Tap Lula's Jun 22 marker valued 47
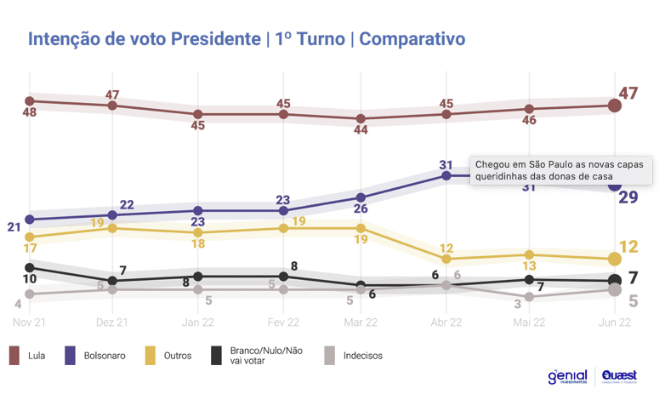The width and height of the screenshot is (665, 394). click(614, 106)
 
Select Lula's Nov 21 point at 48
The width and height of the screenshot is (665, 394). click(30, 101)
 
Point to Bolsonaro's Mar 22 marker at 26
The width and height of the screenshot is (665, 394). click(361, 197)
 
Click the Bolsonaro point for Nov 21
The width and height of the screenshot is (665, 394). click(30, 220)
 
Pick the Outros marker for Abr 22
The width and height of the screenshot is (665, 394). click(446, 259)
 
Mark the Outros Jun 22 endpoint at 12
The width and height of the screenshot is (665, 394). click(614, 259)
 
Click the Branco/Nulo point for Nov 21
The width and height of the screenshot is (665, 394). click(30, 267)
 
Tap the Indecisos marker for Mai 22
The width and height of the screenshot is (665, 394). click(529, 296)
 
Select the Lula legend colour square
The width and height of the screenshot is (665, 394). click(15, 355)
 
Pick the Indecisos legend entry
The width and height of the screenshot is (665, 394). click(354, 355)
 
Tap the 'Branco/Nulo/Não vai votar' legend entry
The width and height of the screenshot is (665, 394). click(256, 355)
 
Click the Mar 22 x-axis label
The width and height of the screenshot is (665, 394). click(361, 323)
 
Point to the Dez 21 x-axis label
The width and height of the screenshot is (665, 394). click(113, 323)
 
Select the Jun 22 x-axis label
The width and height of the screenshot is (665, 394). click(614, 323)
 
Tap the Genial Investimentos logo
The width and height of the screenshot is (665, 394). click(568, 376)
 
